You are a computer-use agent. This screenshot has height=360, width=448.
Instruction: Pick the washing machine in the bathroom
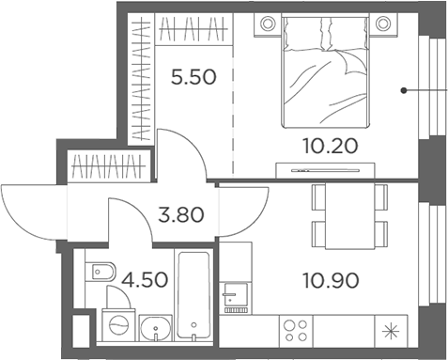(x=117, y=324)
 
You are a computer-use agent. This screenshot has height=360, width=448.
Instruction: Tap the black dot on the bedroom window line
(x=404, y=91)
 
